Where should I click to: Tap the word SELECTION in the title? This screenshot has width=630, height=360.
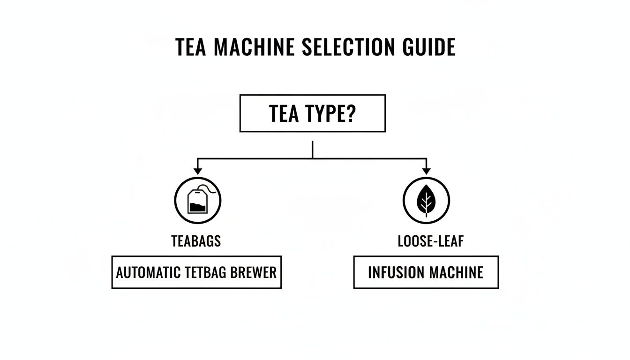345,48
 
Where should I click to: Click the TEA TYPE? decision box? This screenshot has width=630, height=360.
312,113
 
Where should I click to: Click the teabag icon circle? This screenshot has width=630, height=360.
197,201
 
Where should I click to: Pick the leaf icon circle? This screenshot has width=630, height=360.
426,201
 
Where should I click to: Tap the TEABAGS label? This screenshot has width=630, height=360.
196,241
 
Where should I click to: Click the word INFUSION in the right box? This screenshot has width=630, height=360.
392,272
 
